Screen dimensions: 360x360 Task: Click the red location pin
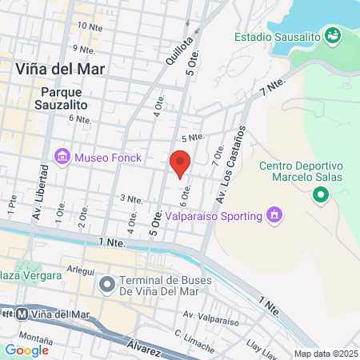point(180,162)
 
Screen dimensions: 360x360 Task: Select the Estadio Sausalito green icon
point(334,36)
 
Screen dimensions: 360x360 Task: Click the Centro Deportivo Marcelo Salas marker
point(320,194)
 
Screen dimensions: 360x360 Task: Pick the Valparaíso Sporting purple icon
point(274,215)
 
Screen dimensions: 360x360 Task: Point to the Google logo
point(26,350)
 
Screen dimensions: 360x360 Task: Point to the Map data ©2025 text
point(325,353)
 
